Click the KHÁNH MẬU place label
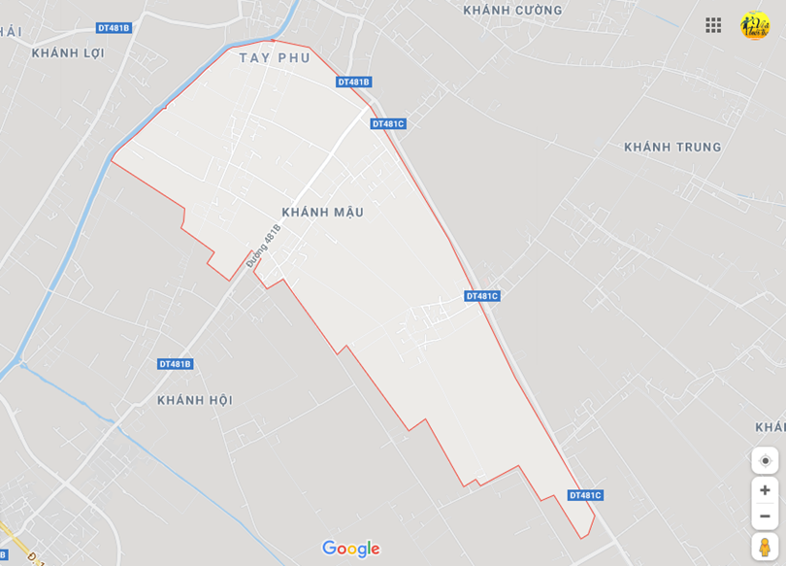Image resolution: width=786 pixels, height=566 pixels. tap(322, 212)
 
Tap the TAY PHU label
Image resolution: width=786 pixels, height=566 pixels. tap(275, 58)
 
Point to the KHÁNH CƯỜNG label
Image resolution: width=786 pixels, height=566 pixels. tap(512, 11)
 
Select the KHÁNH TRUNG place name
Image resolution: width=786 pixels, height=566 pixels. tap(672, 148)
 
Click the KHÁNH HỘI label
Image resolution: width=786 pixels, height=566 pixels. tap(195, 400)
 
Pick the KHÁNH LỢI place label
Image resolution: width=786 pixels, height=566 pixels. tap(68, 52)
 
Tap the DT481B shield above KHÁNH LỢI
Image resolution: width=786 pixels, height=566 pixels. tap(114, 28)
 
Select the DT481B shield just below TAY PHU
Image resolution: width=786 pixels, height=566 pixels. tap(354, 83)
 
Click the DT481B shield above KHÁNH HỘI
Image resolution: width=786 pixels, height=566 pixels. tap(175, 364)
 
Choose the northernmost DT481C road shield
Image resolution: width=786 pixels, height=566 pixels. tap(387, 123)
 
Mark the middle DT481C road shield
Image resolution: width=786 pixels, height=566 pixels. tap(481, 296)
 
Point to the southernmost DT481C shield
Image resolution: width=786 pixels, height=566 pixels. tap(585, 495)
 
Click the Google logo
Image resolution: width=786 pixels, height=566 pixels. tap(350, 549)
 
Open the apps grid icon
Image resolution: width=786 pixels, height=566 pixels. tap(713, 25)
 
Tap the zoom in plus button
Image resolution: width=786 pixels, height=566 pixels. tap(765, 490)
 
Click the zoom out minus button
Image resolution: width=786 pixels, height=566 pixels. tap(765, 516)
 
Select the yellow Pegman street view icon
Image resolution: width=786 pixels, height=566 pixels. tap(765, 547)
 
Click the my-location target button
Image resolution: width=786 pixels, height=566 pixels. tap(765, 460)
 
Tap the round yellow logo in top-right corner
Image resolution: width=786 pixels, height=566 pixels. tap(755, 25)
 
